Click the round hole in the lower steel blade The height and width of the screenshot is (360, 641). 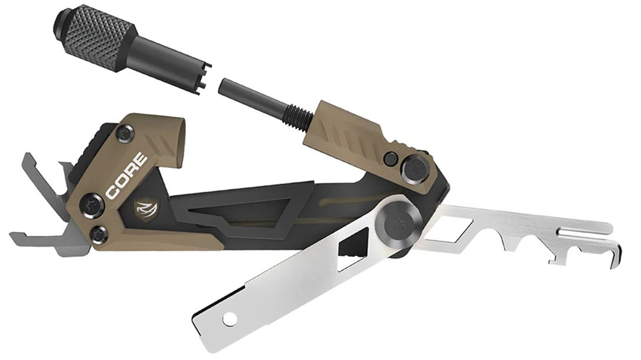pos(230,319)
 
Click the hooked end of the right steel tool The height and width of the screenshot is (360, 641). pos(615,254)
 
